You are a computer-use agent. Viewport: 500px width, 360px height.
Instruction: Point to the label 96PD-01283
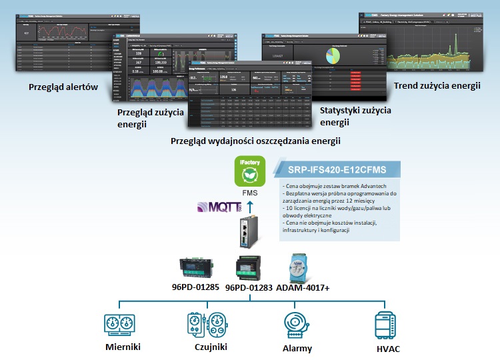tap(249, 289)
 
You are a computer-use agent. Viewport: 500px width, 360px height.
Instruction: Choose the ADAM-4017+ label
tap(307, 289)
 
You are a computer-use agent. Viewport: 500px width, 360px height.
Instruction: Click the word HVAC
tap(388, 349)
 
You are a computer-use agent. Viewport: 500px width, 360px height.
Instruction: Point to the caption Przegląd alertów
tap(63, 87)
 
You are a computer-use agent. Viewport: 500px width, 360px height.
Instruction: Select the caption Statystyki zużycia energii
tap(355, 116)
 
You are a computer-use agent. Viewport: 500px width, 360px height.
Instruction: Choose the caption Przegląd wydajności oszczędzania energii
tap(255, 141)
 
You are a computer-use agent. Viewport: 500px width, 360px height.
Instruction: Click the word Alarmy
tap(297, 348)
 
